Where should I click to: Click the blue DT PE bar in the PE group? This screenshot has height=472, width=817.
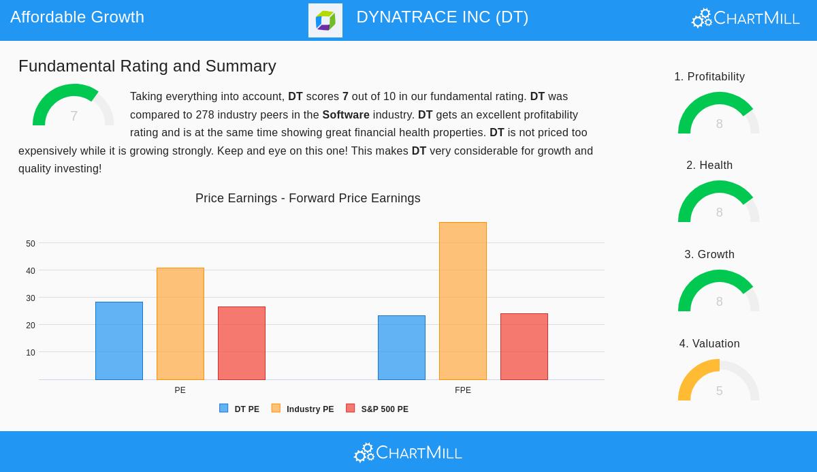pos(119,341)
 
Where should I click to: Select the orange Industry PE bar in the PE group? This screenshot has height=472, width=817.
pos(180,324)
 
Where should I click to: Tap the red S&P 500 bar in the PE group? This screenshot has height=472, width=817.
pos(242,343)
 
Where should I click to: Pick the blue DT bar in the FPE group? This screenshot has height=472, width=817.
pos(402,347)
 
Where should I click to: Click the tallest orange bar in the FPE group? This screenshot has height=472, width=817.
pos(463,301)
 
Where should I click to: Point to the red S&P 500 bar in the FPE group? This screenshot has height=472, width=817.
pos(524,347)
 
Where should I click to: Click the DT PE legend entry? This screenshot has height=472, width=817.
pos(240,409)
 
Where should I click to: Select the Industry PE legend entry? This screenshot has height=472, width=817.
pos(303,409)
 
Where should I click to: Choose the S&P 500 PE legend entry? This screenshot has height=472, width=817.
pos(378,409)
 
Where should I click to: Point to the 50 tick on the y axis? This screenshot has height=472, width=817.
pos(31,244)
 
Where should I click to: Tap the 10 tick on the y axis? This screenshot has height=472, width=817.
pos(31,353)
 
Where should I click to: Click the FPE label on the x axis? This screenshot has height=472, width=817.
pos(463,390)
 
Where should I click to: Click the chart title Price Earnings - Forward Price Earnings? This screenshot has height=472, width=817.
pos(308,198)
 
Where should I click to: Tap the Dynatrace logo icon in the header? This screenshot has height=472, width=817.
pos(325,20)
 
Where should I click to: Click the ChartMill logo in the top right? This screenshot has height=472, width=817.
pos(746,18)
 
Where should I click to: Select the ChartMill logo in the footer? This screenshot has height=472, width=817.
pos(408,452)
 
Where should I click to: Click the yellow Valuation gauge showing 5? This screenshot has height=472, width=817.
pos(719,381)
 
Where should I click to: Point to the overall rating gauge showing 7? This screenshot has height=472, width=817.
pos(74,107)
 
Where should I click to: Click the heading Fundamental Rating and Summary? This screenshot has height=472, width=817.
pos(147,66)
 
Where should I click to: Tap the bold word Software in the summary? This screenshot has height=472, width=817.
pos(346,115)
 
